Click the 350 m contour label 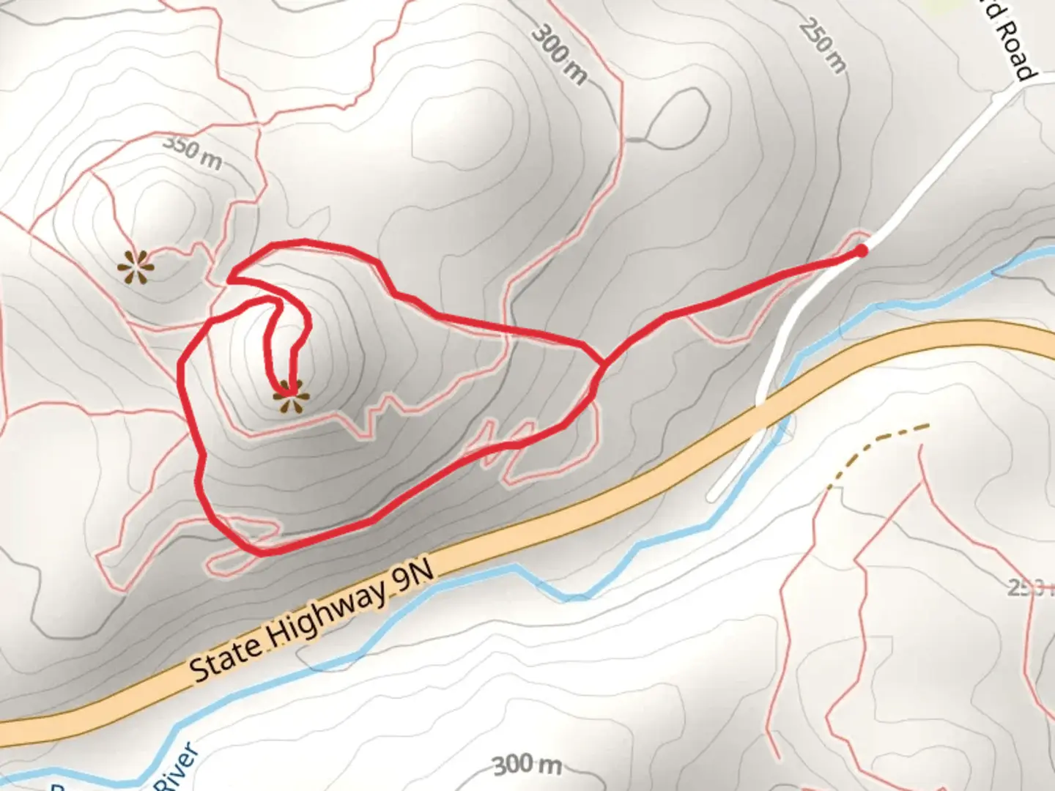click(x=192, y=152)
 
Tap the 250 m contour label click(x=823, y=46)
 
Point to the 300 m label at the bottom click(x=527, y=765)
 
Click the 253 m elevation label click(x=1030, y=587)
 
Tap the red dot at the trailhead click(x=862, y=250)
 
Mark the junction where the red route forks click(x=602, y=362)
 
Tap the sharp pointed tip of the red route click(x=229, y=278)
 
